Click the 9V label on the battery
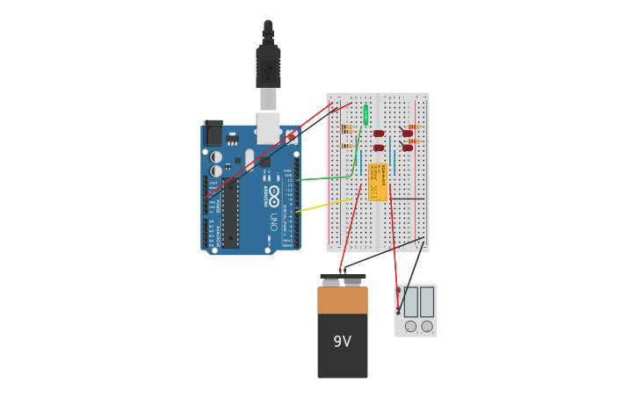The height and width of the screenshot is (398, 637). coord(342,342)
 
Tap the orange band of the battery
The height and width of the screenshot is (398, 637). coord(342,300)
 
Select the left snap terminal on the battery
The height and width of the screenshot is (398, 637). coord(331,282)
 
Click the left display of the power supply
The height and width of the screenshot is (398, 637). coord(410,302)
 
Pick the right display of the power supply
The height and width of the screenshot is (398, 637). coord(427,302)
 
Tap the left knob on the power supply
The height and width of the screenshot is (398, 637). coord(410,326)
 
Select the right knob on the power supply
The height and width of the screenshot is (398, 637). coord(427,326)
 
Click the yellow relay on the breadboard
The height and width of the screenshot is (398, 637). coord(378,182)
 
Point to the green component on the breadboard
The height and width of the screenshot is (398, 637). coord(366,114)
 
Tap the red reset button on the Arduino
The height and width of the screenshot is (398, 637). coord(291,137)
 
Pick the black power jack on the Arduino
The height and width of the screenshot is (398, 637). coord(213,134)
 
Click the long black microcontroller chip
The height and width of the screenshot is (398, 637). coord(229,213)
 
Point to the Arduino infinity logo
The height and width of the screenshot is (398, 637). coord(274,194)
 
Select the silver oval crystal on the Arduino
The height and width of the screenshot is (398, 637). coord(250,159)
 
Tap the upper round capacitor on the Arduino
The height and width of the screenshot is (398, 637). coord(216,157)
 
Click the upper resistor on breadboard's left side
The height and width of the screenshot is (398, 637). coord(346,128)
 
